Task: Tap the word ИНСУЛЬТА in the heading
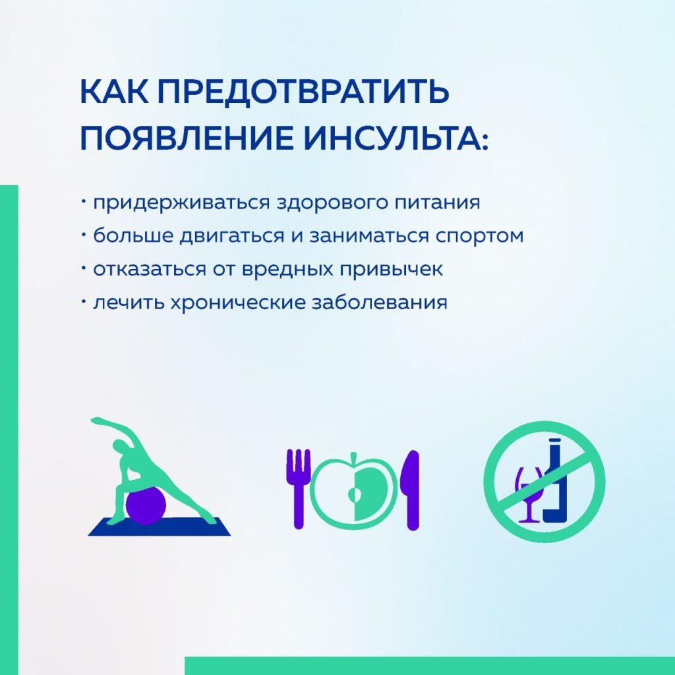tap(396, 138)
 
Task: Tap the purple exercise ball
tap(146, 506)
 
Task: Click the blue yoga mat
tap(160, 527)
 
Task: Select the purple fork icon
tap(299, 488)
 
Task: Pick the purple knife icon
tap(411, 490)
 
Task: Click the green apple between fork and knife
tap(354, 491)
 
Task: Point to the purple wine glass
tap(529, 495)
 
